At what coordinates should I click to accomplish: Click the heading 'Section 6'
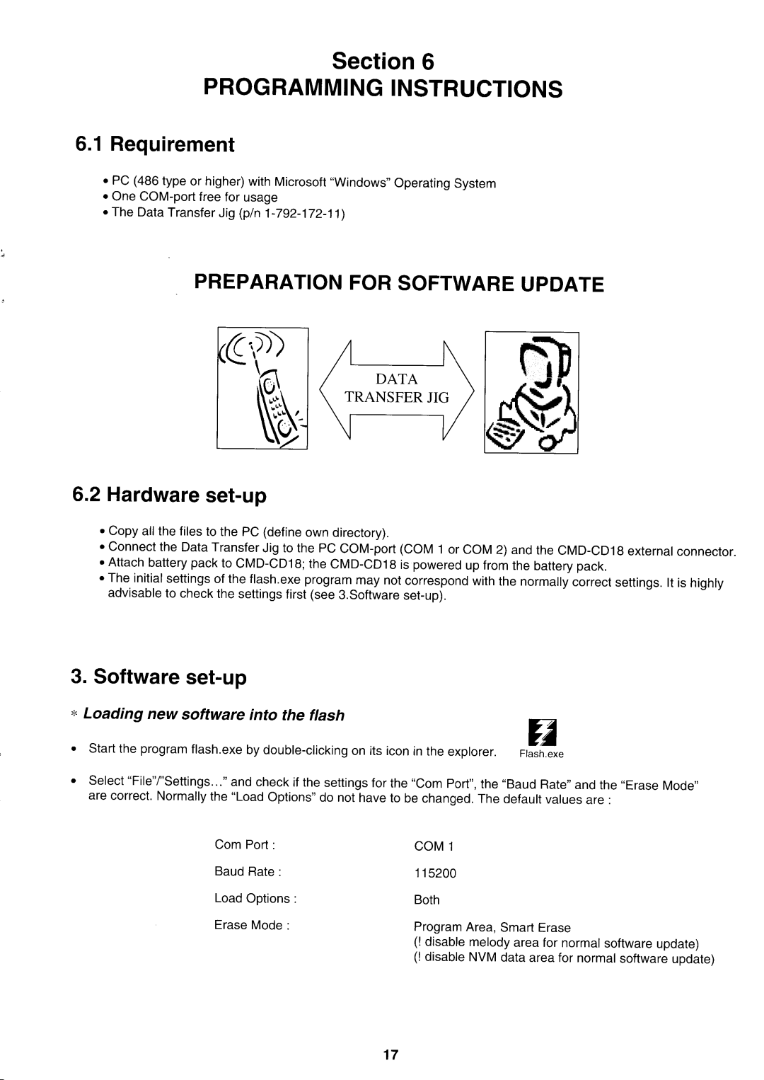pyautogui.click(x=383, y=62)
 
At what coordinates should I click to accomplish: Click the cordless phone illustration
pyautogui.click(x=262, y=388)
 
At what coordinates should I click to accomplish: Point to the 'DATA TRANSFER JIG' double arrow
pyautogui.click(x=397, y=389)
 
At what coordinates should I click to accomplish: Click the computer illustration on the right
pyautogui.click(x=531, y=391)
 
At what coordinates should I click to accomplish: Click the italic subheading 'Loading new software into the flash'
pyautogui.click(x=214, y=715)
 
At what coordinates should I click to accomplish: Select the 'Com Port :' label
pyautogui.click(x=244, y=845)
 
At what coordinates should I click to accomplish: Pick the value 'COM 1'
pyautogui.click(x=429, y=846)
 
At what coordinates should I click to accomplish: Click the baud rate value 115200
pyautogui.click(x=435, y=873)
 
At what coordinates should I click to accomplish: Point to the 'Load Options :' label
pyautogui.click(x=255, y=899)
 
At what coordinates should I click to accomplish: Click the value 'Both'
pyautogui.click(x=427, y=900)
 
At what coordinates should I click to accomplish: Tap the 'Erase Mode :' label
pyautogui.click(x=251, y=926)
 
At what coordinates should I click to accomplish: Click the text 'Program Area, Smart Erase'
pyautogui.click(x=492, y=927)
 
